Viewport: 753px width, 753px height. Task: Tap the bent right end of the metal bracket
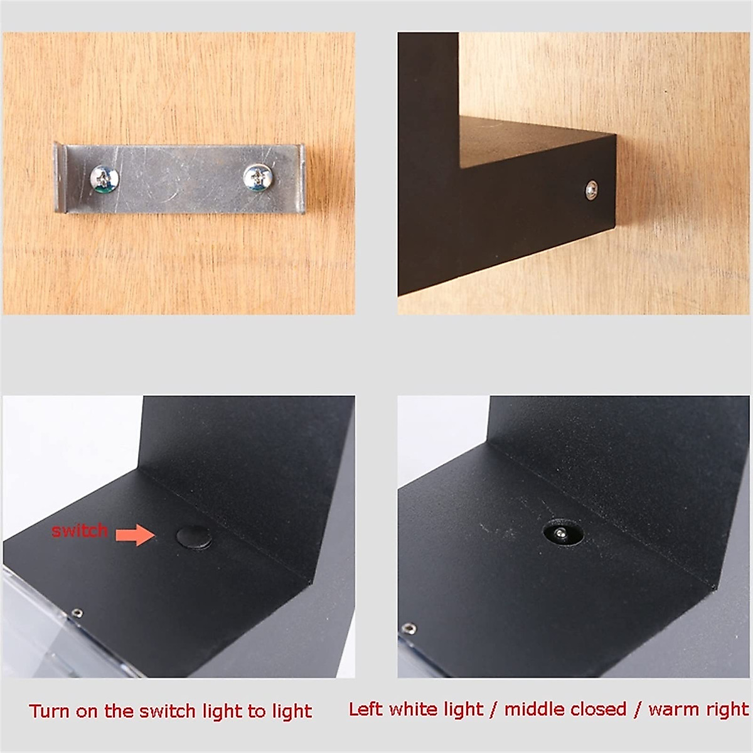click(x=301, y=179)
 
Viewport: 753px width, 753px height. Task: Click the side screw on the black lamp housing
click(x=591, y=189)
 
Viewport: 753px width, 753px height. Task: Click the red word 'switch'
click(x=80, y=531)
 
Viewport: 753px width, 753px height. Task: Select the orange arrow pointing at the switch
click(x=136, y=535)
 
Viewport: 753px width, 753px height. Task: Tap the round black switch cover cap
click(x=193, y=537)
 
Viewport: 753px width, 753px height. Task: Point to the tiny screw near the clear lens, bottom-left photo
click(x=77, y=612)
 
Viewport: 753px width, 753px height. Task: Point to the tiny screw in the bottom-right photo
click(x=409, y=627)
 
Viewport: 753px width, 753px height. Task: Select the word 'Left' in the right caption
click(x=366, y=709)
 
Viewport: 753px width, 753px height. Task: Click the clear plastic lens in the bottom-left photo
click(x=31, y=621)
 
